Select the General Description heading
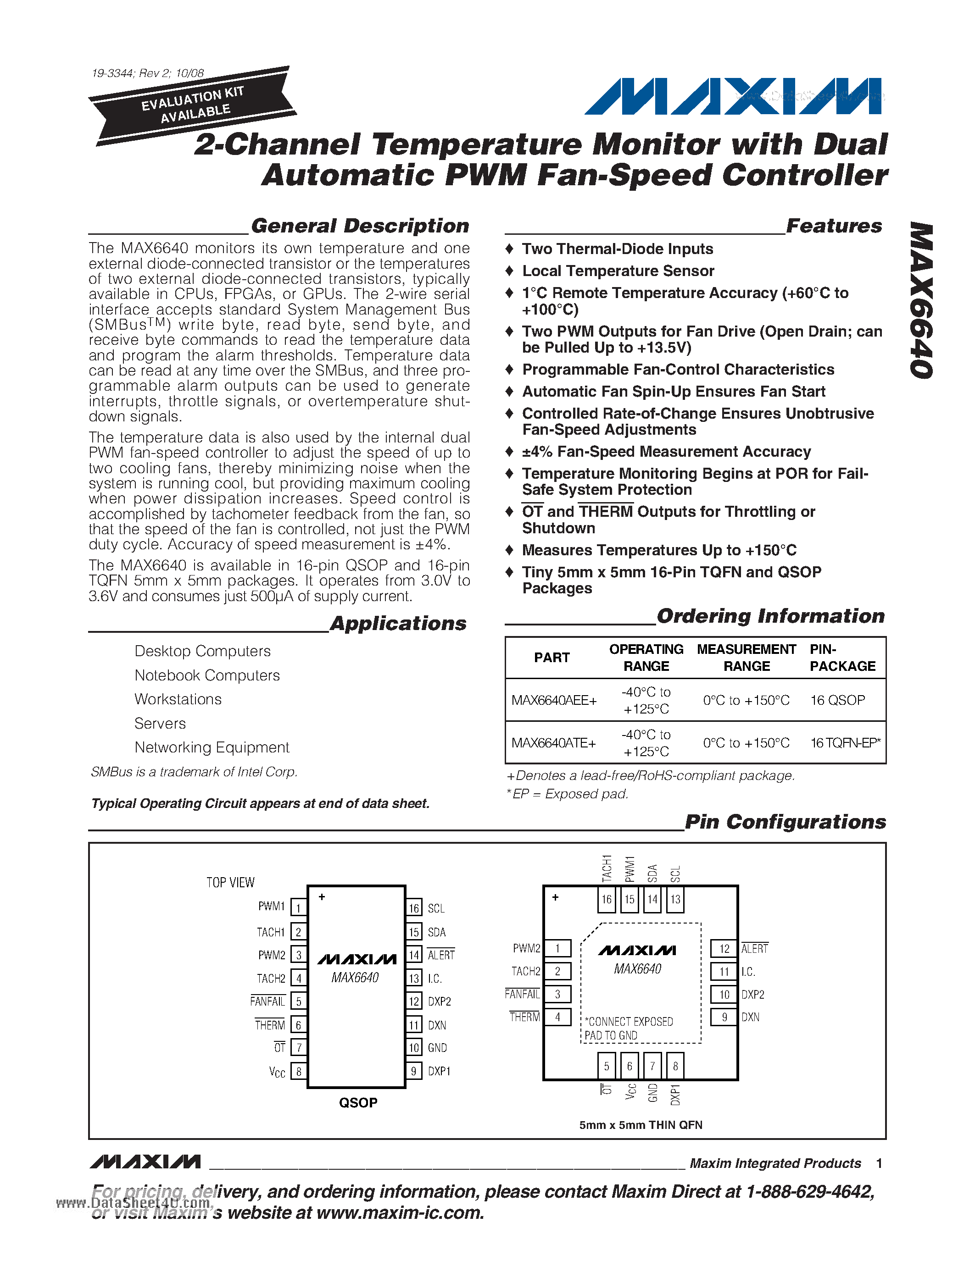click(x=360, y=226)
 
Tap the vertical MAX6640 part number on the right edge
click(x=921, y=300)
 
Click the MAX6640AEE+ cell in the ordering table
click(x=553, y=700)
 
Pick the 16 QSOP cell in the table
click(x=837, y=700)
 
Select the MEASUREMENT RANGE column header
click(x=746, y=658)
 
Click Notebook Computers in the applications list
click(x=207, y=675)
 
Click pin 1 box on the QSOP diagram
click(x=298, y=907)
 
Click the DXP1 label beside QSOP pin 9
click(x=439, y=1072)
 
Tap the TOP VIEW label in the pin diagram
click(x=230, y=883)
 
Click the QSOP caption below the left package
click(x=357, y=1103)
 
